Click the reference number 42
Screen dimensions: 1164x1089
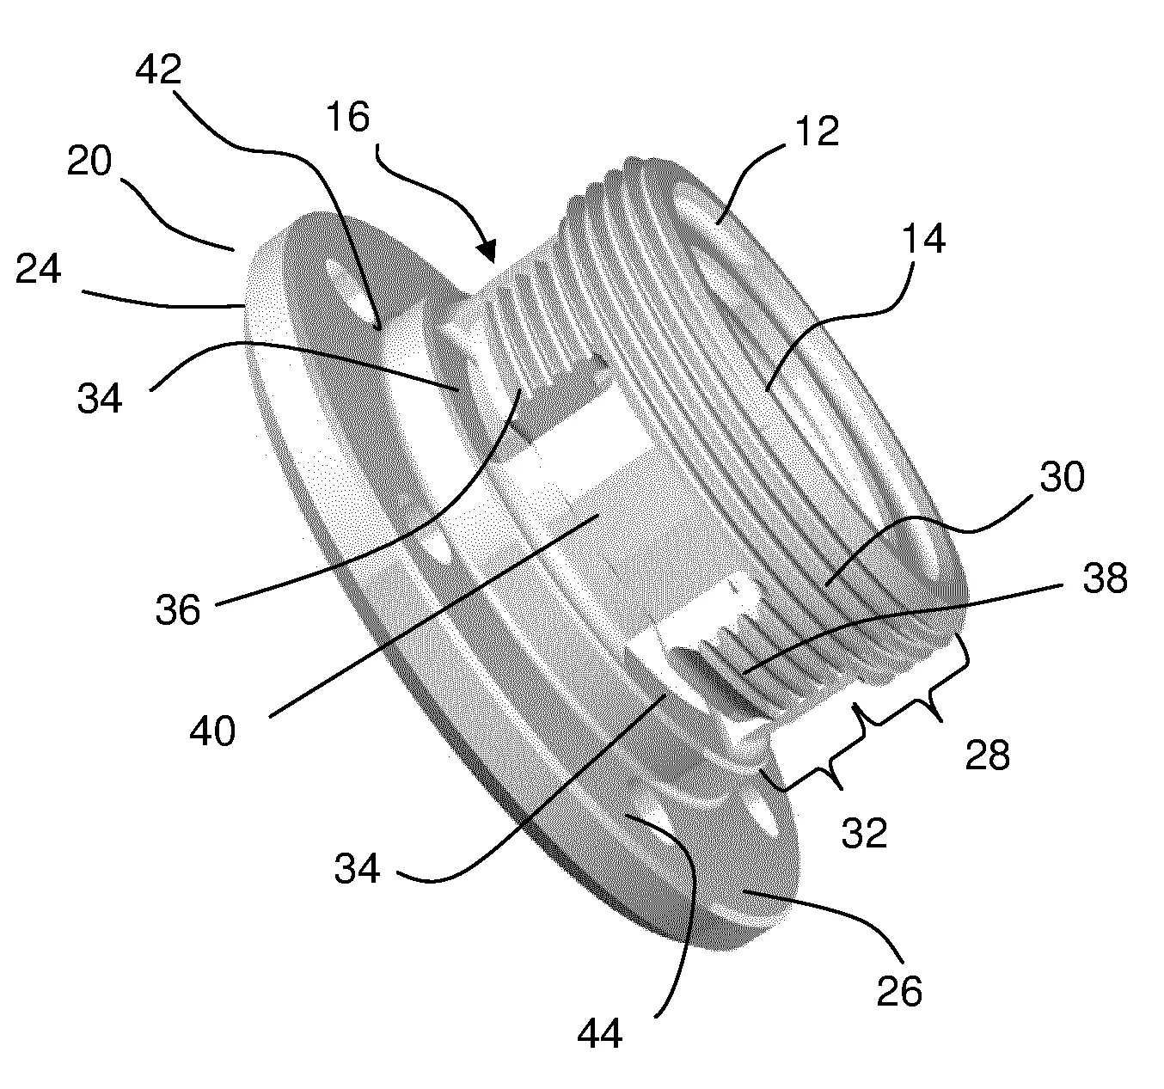[158, 70]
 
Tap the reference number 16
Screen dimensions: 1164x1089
[348, 117]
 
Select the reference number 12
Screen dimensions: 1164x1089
[818, 131]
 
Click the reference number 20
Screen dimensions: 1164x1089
[89, 162]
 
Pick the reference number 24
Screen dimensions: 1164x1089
[38, 269]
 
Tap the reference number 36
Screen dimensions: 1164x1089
[178, 609]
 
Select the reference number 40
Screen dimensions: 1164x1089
[212, 731]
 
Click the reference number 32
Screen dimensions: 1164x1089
[864, 833]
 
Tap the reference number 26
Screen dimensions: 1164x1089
[900, 991]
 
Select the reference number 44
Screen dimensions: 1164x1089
[599, 1035]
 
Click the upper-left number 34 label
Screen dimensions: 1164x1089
[100, 399]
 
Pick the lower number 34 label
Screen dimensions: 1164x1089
[357, 868]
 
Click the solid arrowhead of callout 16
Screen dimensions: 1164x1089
[486, 250]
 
